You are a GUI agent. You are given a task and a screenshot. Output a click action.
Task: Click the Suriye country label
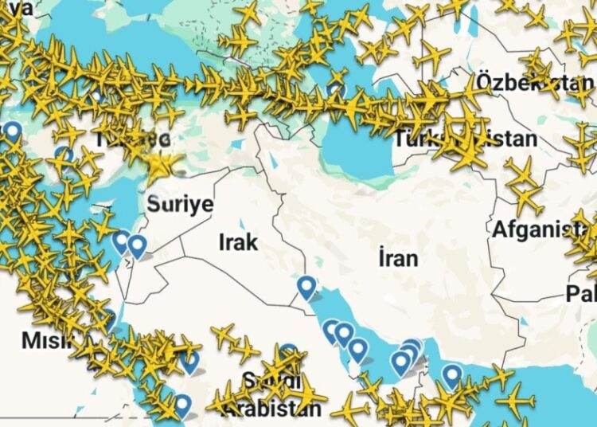point(180,205)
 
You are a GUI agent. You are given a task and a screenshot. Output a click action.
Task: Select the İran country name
point(398,257)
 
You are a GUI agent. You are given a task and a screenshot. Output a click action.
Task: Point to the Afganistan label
point(541,229)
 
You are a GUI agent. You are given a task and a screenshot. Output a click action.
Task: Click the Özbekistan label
point(535,82)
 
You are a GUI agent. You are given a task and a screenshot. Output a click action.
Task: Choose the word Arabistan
point(271,409)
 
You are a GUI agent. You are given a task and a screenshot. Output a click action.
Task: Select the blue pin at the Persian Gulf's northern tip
point(306,286)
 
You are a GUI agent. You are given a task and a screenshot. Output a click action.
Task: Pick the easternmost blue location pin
point(452,374)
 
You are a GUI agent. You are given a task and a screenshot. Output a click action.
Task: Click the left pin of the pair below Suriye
point(121,241)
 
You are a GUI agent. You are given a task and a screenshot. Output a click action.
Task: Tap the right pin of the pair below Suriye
point(138,245)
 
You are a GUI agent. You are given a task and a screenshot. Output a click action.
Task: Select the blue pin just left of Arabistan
point(182,405)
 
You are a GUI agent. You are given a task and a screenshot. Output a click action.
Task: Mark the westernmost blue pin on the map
point(13,131)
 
